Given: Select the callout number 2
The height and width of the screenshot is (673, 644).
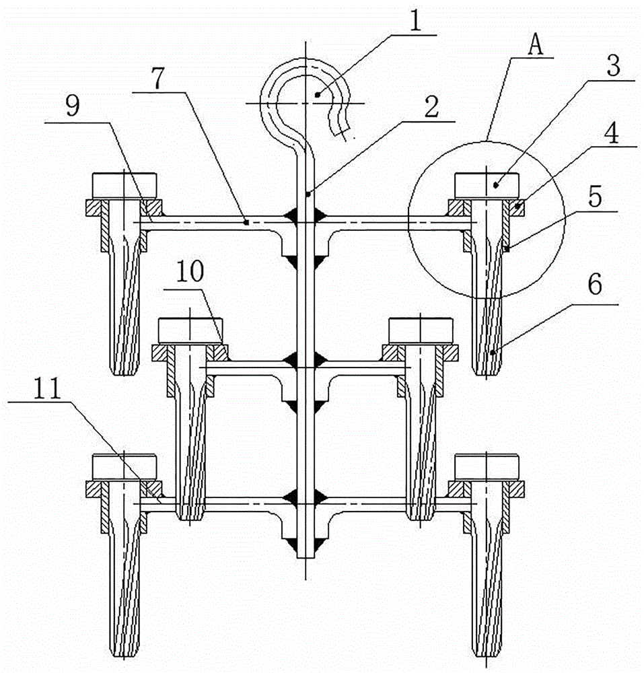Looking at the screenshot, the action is click(431, 106).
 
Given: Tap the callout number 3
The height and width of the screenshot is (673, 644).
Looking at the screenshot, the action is click(614, 66).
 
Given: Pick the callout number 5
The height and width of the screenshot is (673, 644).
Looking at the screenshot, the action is click(595, 197).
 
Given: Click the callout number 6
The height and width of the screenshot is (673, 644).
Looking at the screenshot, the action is click(595, 284).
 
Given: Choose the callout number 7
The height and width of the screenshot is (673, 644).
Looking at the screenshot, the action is click(158, 78).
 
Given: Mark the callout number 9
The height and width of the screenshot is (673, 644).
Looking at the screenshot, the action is click(73, 106).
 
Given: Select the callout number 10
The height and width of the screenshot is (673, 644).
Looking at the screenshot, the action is click(190, 272).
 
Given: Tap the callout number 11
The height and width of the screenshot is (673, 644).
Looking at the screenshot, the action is click(48, 388).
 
